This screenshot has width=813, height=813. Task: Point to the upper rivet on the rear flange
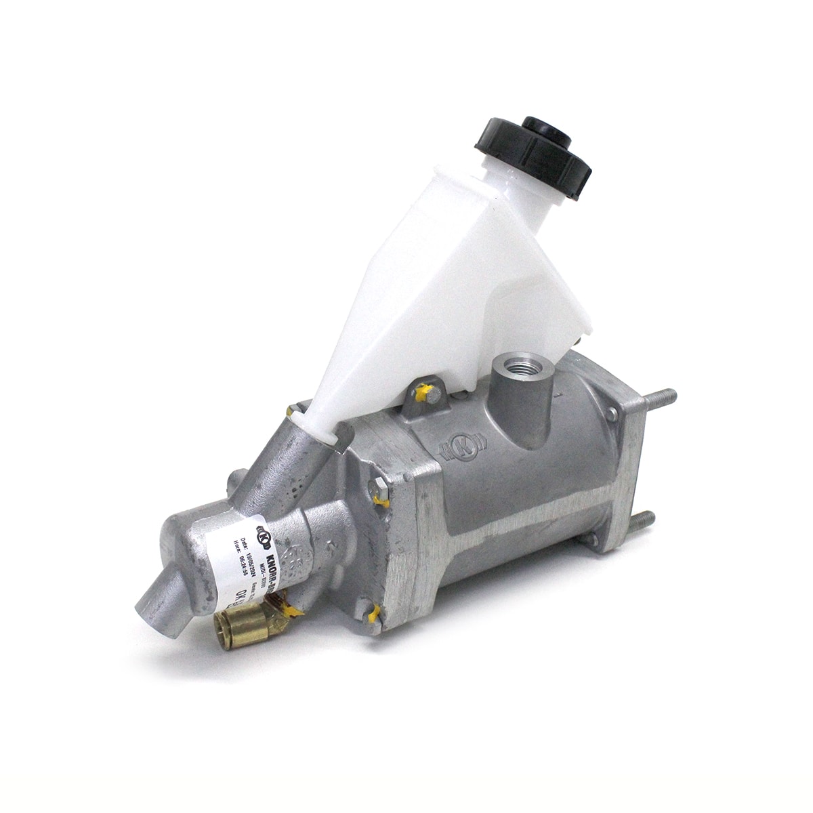(612, 412)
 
